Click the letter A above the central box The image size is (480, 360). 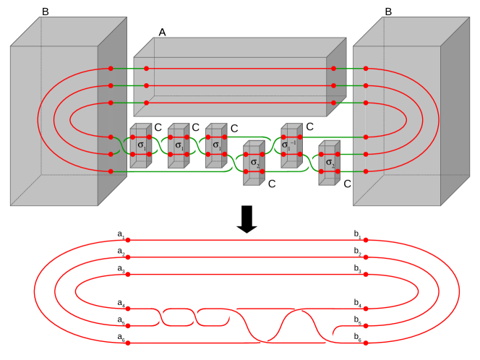[x=163, y=33]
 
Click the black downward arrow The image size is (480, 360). [x=247, y=219]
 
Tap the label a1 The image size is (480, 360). [x=121, y=234]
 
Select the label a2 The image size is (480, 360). [x=121, y=251]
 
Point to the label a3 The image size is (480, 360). [x=121, y=268]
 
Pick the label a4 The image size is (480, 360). [x=121, y=303]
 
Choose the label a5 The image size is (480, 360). [x=121, y=320]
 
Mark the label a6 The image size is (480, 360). [x=121, y=337]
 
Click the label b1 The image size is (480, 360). [x=357, y=234]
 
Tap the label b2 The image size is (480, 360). [x=357, y=251]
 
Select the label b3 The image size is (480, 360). [x=357, y=268]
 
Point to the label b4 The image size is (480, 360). [x=357, y=303]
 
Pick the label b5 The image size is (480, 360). [x=357, y=320]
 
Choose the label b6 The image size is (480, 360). [x=357, y=337]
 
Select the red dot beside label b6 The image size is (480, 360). [x=366, y=342]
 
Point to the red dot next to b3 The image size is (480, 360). [x=366, y=273]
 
